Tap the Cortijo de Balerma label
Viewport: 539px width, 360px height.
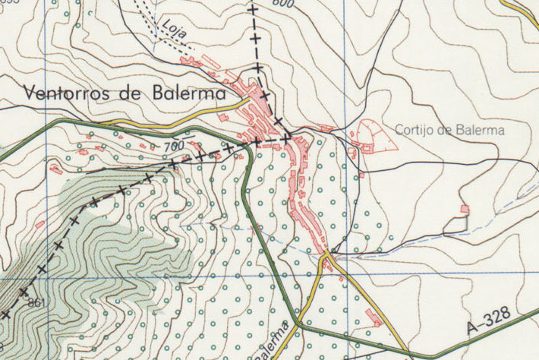[450, 130]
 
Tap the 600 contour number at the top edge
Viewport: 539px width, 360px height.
[282, 4]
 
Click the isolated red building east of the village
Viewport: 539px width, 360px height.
[465, 209]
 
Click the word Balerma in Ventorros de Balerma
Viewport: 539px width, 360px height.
[183, 94]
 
